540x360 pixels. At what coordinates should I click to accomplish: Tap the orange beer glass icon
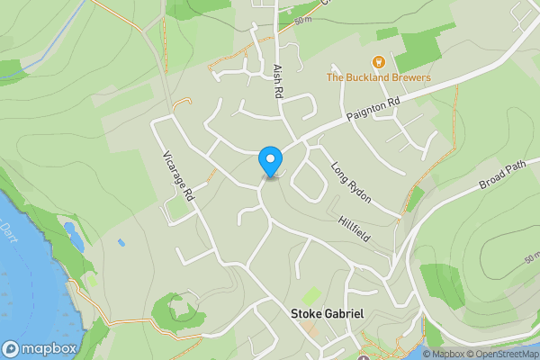click(379, 62)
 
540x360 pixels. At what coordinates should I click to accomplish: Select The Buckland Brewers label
click(378, 77)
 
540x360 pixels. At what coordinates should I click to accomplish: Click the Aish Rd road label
click(278, 79)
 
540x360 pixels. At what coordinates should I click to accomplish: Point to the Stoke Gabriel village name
click(327, 314)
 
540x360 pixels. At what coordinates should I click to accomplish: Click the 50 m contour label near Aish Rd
click(302, 19)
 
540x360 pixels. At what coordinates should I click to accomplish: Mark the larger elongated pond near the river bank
click(75, 237)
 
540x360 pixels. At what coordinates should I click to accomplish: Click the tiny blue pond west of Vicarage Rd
click(121, 242)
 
